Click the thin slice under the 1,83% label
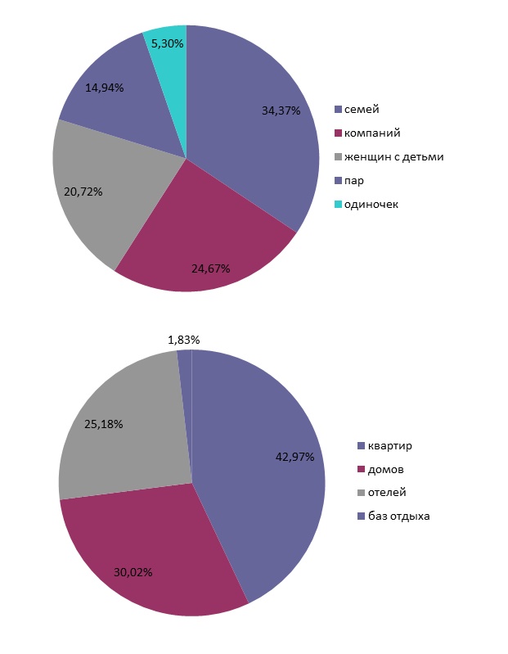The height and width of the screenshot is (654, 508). click(185, 385)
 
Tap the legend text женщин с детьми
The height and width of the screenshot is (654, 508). click(393, 156)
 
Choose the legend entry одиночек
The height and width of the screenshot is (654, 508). click(371, 204)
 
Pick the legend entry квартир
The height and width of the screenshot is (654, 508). click(389, 446)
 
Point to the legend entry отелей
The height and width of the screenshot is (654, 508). click(387, 493)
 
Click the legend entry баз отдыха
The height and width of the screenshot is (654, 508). click(398, 516)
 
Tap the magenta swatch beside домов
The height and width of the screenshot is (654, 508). click(361, 470)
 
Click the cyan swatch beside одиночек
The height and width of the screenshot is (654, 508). click(338, 204)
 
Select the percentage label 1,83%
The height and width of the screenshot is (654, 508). click(183, 340)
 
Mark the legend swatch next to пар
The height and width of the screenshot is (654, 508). click(338, 180)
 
